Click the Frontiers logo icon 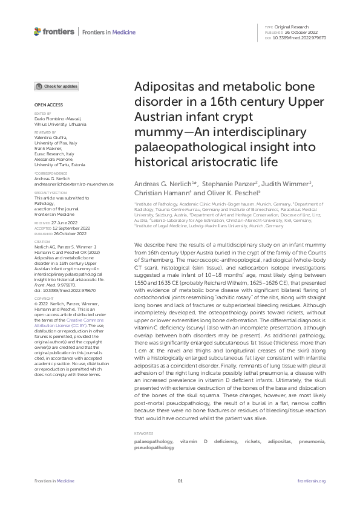(x=38, y=31)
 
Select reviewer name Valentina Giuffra (x=53, y=136)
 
